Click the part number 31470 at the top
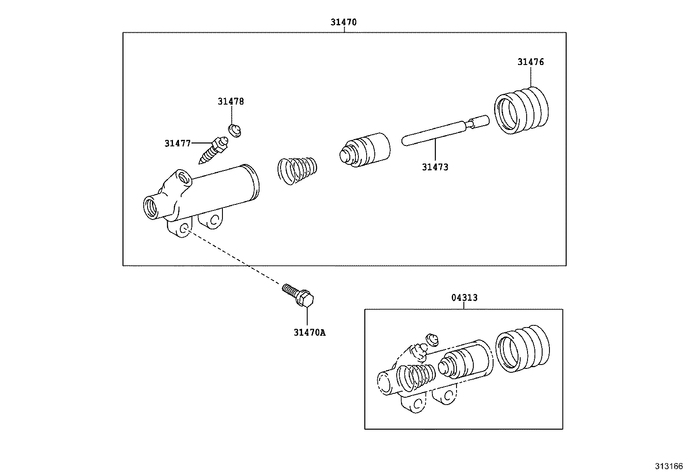[x=343, y=22]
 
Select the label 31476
[x=531, y=62]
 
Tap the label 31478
[x=231, y=102]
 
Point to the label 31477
[x=177, y=143]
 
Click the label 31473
[x=435, y=167]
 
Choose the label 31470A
[x=310, y=332]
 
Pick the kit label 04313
[x=464, y=298]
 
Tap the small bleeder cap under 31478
[x=235, y=130]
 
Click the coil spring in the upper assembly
[x=297, y=171]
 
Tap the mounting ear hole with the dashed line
[x=184, y=229]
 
